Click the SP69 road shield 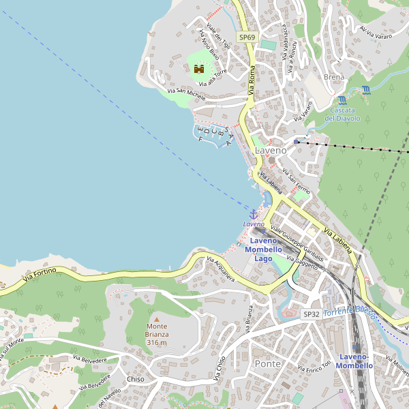point(246,36)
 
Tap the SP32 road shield point(311,314)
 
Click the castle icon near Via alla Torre point(199,69)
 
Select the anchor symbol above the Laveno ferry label point(254,215)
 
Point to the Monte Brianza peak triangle point(156,319)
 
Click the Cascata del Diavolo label point(342,115)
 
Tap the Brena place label point(335,77)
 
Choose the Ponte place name point(267,363)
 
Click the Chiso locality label point(135,379)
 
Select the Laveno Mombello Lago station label point(263,249)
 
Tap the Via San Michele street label point(186,93)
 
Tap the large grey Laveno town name point(270,150)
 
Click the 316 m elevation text point(156,342)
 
